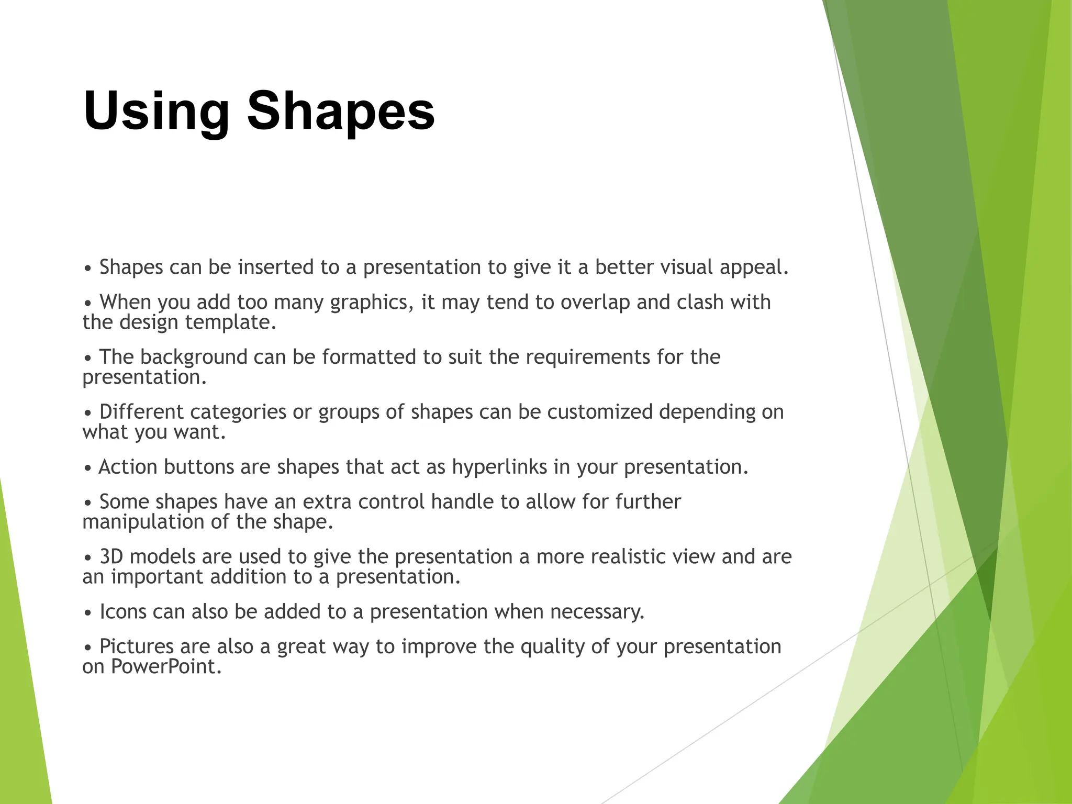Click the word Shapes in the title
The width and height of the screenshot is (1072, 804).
click(x=341, y=111)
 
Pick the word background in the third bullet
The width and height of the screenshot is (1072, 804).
click(x=193, y=357)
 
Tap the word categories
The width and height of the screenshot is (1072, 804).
click(x=238, y=412)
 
